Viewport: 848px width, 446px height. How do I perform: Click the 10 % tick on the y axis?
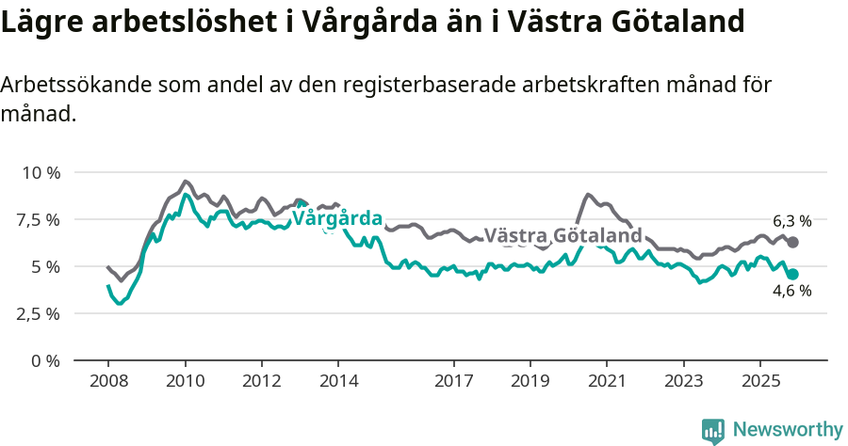41,173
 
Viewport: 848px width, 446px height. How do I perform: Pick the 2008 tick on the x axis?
108,381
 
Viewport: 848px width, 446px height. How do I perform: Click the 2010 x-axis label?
185,381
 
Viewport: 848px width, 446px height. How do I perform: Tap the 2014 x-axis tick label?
338,381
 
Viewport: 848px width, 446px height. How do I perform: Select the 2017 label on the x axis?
453,381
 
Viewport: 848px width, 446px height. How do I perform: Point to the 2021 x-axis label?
607,381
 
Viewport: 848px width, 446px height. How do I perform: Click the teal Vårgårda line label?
337,219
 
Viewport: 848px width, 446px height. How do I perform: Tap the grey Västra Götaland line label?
563,235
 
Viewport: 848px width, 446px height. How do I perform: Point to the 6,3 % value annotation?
791,222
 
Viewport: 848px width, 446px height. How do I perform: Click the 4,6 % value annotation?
791,291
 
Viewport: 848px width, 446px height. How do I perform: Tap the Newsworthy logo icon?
713,431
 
